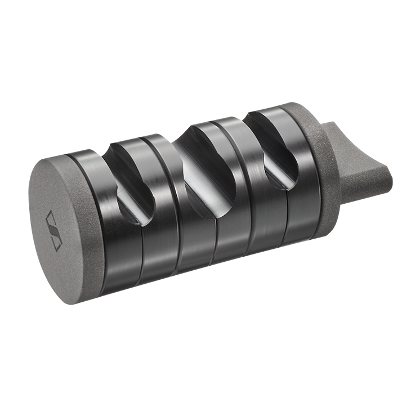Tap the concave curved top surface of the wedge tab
[358, 141]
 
